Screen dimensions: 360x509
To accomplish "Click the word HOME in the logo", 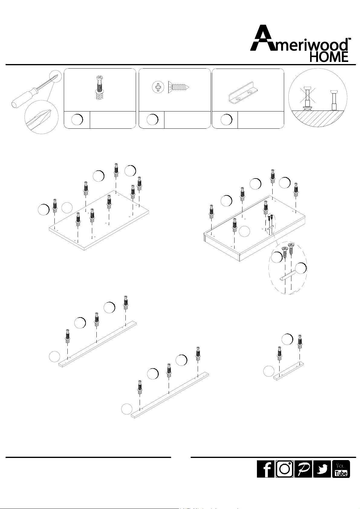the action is (329, 57).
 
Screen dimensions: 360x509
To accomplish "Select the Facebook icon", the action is (266, 469).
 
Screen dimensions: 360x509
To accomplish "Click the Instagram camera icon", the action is (284, 469).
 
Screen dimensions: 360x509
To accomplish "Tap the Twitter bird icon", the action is (322, 469).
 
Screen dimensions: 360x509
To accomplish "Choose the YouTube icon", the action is (341, 469).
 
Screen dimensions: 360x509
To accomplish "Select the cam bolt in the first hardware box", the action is (99, 88).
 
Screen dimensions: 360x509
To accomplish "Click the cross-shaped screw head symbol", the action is (158, 87).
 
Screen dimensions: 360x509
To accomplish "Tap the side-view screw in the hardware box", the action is (179, 87).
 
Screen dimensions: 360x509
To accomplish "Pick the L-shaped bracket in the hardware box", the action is (243, 93).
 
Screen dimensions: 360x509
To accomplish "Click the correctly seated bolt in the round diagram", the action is (334, 99).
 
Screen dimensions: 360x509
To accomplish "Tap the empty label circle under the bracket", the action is (226, 120).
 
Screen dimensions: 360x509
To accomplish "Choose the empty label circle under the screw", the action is (152, 120).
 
